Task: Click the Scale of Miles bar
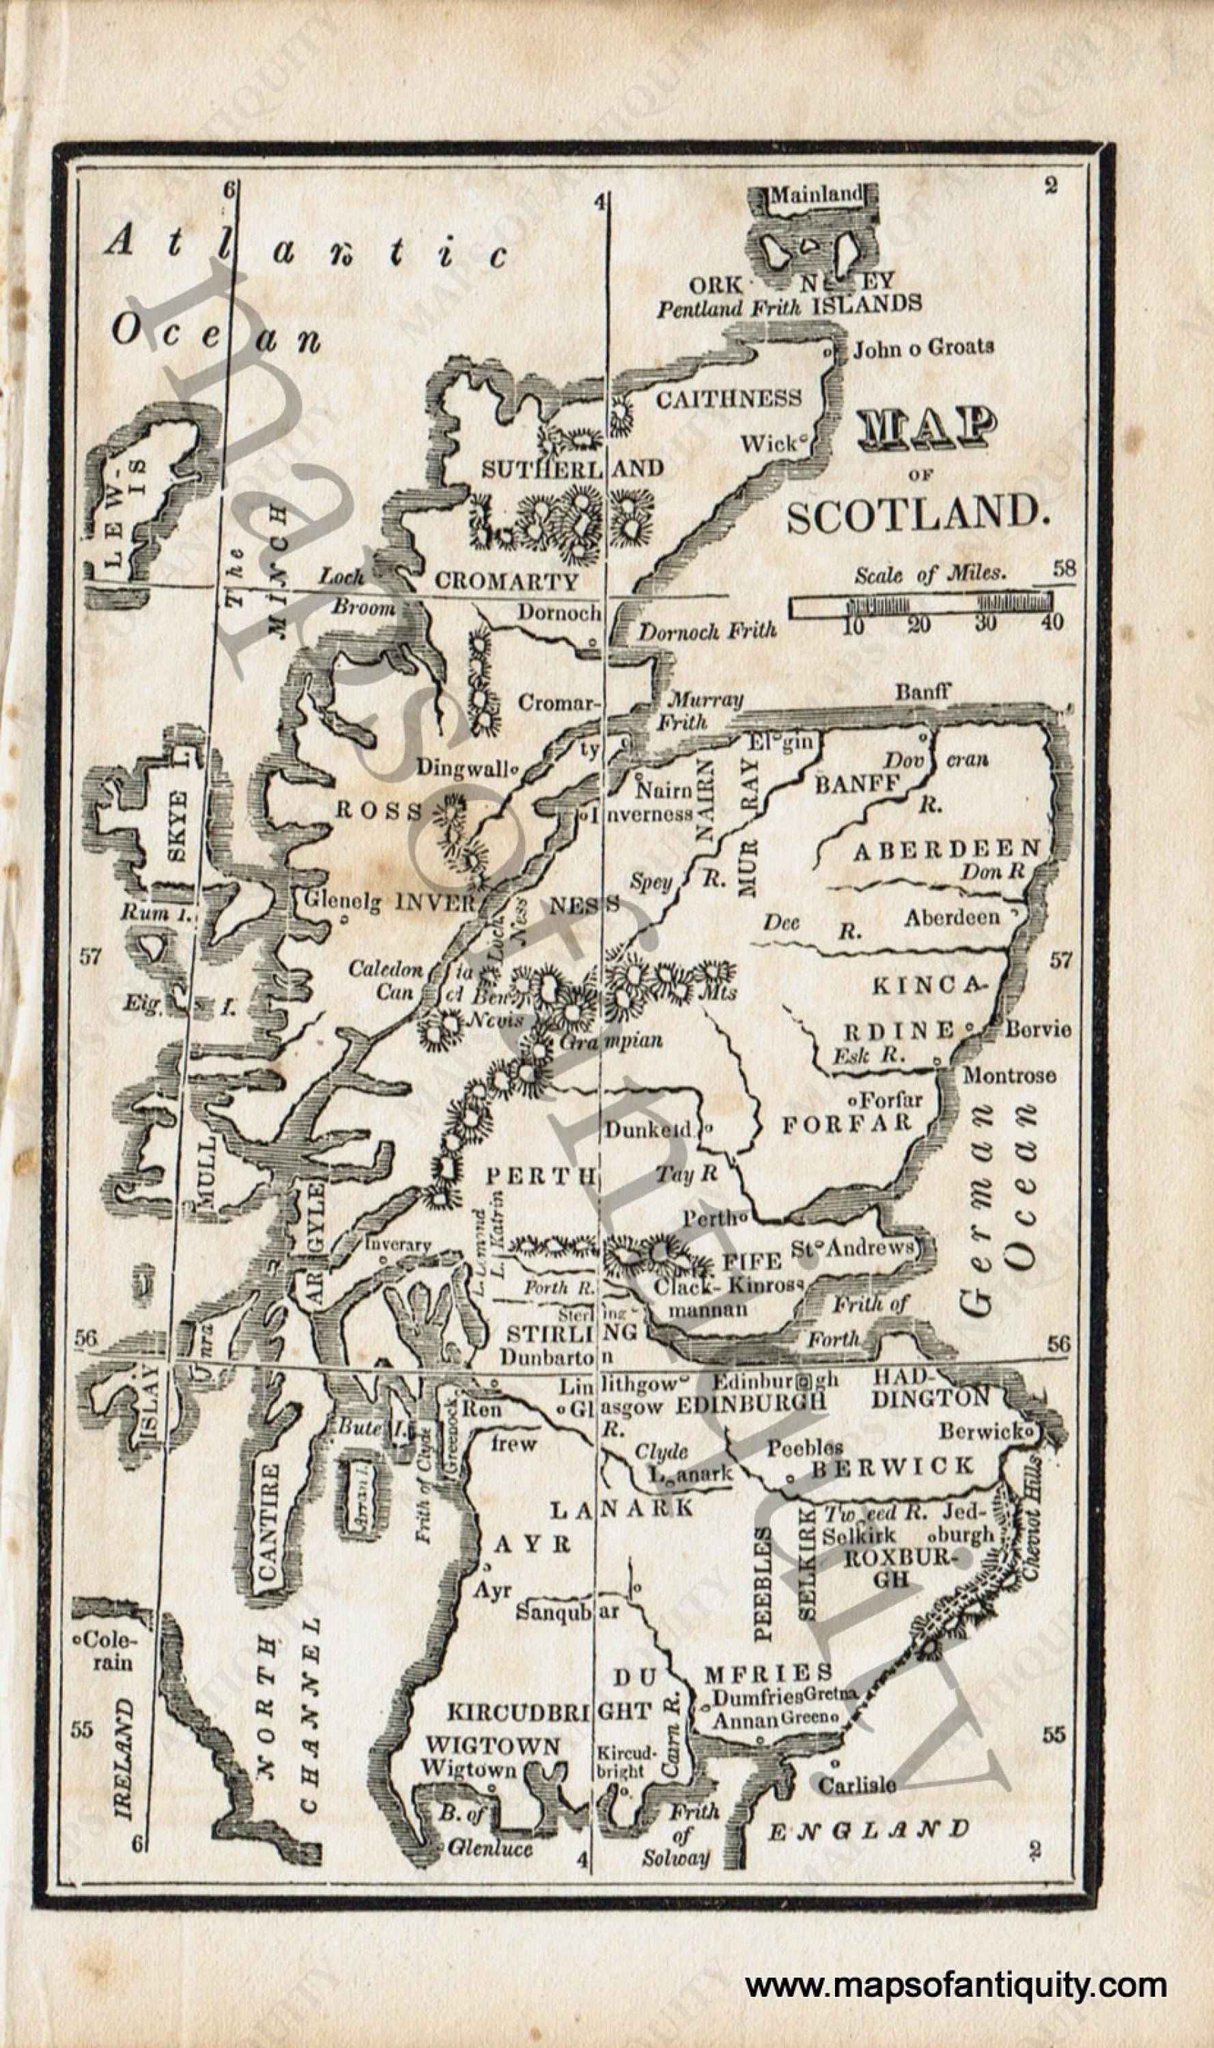coord(920,606)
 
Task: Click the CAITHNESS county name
coord(728,399)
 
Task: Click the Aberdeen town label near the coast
coord(951,918)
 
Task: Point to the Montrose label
coord(1008,1075)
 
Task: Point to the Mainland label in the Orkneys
coord(816,195)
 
